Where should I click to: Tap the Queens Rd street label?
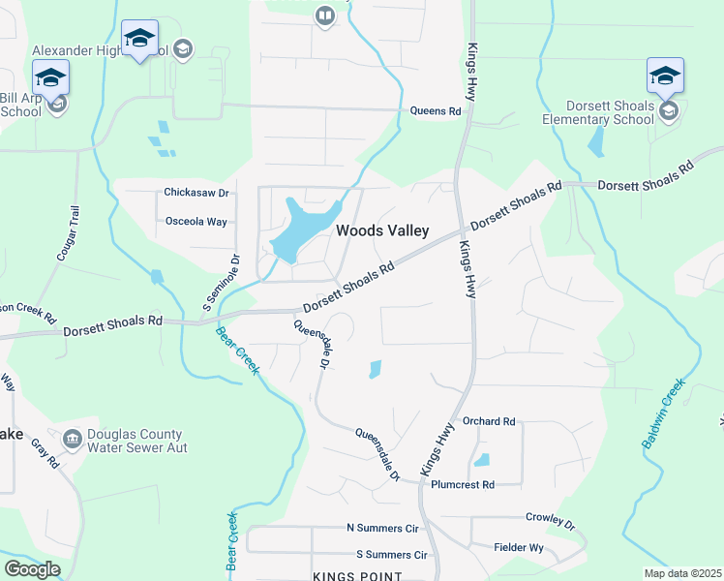pos(436,111)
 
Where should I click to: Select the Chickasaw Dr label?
pos(196,193)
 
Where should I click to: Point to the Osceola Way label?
pos(196,222)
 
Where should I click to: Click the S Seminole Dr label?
pos(221,277)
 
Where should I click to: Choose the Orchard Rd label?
pos(489,422)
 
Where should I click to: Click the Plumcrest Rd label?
pos(463,484)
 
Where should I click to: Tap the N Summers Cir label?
pos(381,528)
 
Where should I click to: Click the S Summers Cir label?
pos(391,555)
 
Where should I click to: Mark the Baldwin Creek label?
pos(663,413)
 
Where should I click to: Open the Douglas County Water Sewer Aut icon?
pos(72,440)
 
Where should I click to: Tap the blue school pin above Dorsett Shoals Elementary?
pos(665,76)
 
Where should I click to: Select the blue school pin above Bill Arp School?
pos(50,76)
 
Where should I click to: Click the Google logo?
pos(32,568)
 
